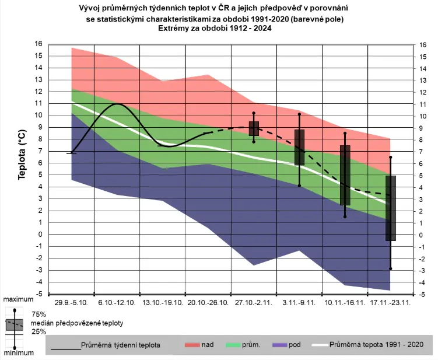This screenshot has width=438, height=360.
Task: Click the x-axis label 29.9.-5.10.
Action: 71,303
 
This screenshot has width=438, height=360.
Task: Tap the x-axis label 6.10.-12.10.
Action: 117,303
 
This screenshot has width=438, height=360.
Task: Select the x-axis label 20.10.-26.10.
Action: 208,303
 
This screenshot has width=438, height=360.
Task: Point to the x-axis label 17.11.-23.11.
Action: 391,303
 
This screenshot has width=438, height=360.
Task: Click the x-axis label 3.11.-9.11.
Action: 299,303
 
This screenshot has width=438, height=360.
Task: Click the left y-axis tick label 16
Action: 38,44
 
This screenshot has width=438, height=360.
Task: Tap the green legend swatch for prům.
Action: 234,345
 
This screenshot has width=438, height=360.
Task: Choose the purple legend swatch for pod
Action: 279,345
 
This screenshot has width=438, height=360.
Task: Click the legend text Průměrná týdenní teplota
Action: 121,345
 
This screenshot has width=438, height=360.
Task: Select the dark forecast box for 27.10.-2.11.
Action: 254,128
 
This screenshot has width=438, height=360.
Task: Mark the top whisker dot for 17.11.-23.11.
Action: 391,157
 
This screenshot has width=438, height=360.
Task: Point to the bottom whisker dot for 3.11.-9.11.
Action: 299,186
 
